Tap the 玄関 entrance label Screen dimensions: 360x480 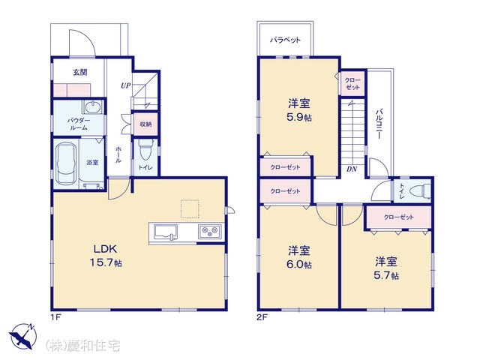[x=79, y=73]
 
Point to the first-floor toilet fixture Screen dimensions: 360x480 [x=146, y=149]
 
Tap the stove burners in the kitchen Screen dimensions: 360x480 [x=208, y=230]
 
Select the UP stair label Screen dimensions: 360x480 [x=127, y=85]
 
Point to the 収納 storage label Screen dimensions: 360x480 [x=145, y=124]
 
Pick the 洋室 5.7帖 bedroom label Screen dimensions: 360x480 [x=387, y=268]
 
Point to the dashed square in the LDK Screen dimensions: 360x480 [x=190, y=208]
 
